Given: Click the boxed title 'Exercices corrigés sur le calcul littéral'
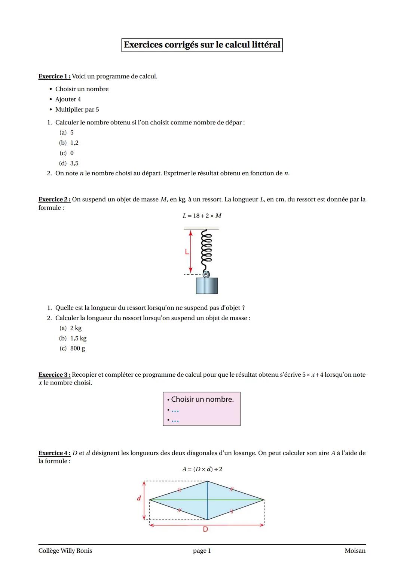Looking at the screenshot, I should pos(202,45).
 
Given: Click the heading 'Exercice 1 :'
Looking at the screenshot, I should pos(54,76).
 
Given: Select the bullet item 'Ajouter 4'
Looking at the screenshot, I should pos(68,99).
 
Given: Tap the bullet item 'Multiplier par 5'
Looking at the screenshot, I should pos(77,109).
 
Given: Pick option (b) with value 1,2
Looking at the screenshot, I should pos(74,143).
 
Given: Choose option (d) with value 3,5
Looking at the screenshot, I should pos(74,163).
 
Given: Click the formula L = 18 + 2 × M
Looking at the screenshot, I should pos(202,216).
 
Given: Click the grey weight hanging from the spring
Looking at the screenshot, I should pos(207,285).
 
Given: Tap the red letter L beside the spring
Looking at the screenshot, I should pos(186,252).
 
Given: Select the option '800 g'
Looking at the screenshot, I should pos(77,348).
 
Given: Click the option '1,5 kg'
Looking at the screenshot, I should pos(78,338).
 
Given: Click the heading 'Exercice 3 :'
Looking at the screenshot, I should pos(54,374).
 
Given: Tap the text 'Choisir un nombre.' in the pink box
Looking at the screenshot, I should pos(202,399).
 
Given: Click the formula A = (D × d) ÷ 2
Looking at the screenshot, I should pos(202,469).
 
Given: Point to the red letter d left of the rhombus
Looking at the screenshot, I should pos(139,498).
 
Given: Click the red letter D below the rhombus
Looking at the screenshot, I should pos(205,529).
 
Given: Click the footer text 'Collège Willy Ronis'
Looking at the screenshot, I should pos(65,550).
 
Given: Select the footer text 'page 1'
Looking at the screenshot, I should pos(202,550).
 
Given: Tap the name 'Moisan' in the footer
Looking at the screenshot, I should pos(355,550).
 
